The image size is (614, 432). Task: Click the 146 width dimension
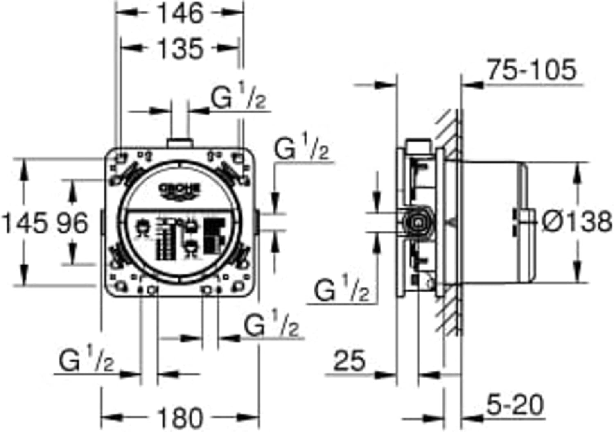(x=180, y=13)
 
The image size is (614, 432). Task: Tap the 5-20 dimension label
(x=515, y=405)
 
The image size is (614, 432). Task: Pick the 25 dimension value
(x=349, y=361)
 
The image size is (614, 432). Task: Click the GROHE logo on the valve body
(x=180, y=190)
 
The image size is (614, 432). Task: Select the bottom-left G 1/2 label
(x=86, y=360)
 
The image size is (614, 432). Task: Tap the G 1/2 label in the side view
(x=341, y=290)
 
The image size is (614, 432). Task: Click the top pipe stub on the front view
(x=180, y=143)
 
